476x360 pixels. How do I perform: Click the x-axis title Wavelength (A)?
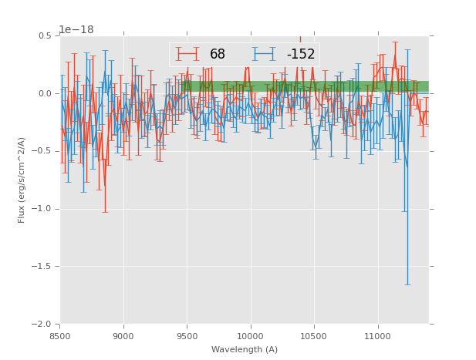(245, 349)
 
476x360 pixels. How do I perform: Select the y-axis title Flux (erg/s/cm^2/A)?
(22, 180)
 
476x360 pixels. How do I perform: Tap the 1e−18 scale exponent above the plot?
(76, 30)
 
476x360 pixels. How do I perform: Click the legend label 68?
(218, 55)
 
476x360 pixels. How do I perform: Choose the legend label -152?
(301, 55)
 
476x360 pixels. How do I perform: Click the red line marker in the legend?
(187, 54)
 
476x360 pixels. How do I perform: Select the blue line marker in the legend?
(264, 54)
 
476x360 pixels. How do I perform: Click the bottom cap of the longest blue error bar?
(407, 284)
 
